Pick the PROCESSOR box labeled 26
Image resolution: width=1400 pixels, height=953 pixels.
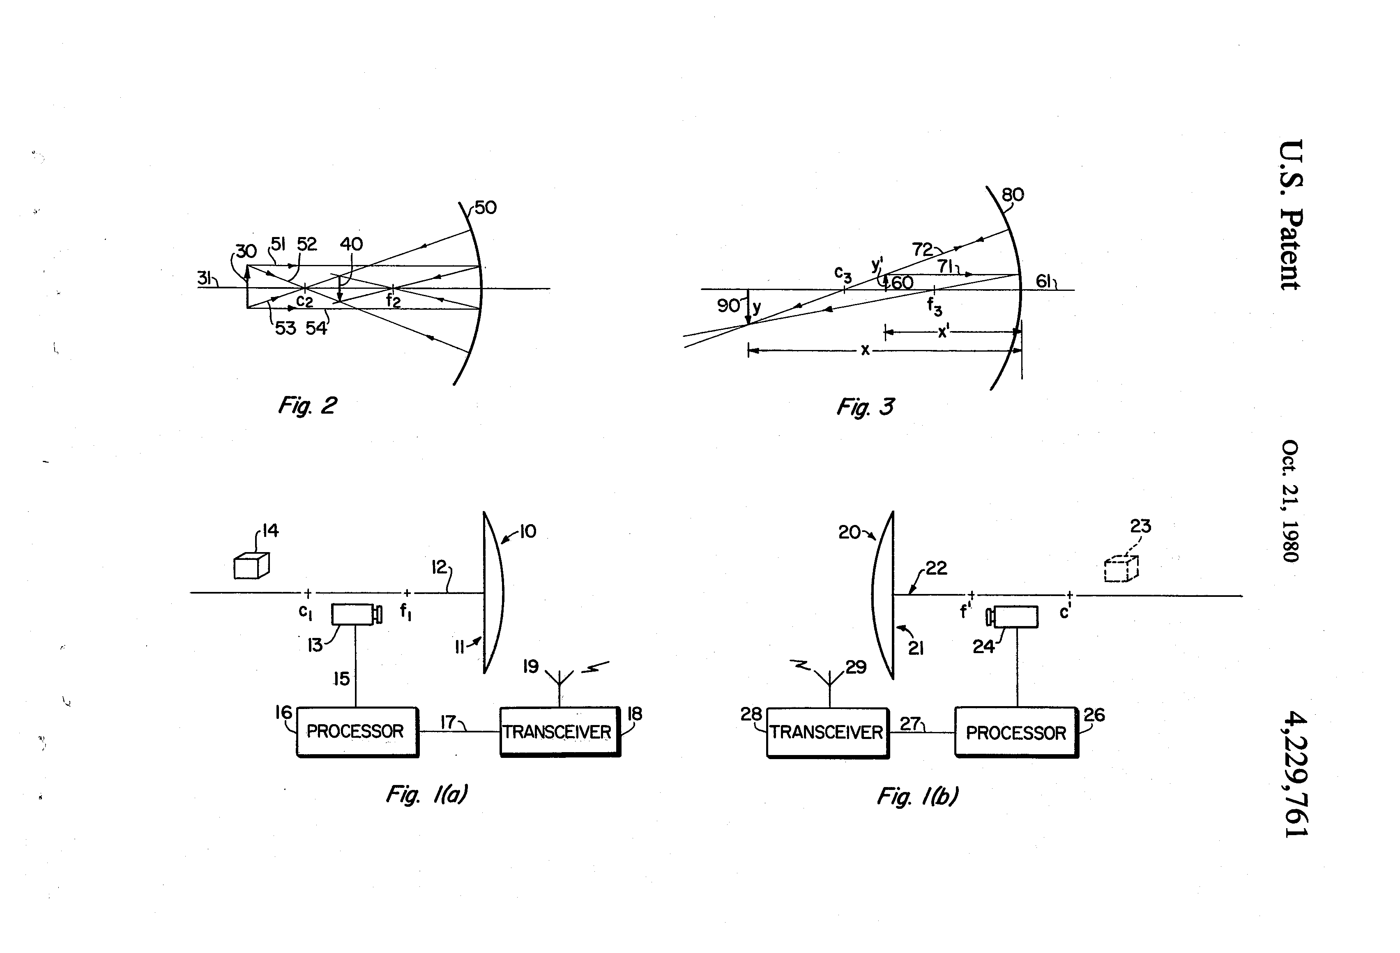pyautogui.click(x=1016, y=732)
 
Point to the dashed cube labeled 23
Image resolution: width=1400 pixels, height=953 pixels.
pyautogui.click(x=1121, y=568)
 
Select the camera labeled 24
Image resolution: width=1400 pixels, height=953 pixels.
pyautogui.click(x=1012, y=617)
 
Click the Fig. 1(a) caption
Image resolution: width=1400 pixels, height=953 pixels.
pyautogui.click(x=426, y=794)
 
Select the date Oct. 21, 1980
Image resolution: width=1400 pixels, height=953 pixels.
pyautogui.click(x=1290, y=501)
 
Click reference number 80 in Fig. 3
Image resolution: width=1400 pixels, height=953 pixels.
pyautogui.click(x=1013, y=195)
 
